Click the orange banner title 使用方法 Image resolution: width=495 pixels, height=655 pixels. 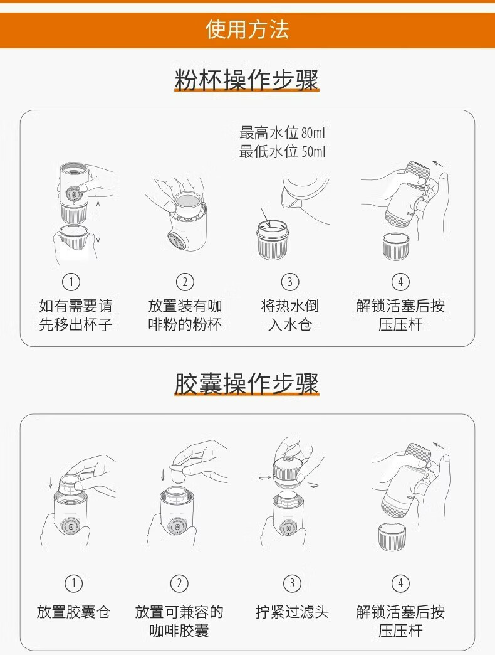[247, 29]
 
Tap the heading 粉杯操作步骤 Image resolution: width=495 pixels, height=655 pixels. [247, 80]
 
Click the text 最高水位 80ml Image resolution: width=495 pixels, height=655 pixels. [282, 133]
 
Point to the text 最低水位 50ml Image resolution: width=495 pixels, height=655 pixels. [282, 151]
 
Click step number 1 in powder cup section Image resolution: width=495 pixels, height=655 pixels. [71, 282]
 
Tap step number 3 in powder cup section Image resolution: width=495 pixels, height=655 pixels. [290, 282]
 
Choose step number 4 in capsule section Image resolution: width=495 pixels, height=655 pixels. [400, 583]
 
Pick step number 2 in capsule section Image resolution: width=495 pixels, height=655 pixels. [179, 583]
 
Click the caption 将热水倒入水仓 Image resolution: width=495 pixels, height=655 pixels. [290, 315]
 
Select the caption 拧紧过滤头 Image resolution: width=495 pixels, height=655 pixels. [292, 612]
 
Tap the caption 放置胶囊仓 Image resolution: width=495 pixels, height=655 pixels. [73, 612]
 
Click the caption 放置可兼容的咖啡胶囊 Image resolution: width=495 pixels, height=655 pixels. [179, 621]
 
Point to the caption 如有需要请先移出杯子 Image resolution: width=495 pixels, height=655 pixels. [75, 315]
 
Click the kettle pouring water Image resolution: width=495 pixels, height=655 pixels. [305, 196]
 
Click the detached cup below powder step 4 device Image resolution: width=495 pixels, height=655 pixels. [395, 247]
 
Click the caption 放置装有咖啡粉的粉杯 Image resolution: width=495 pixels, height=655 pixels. [185, 315]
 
